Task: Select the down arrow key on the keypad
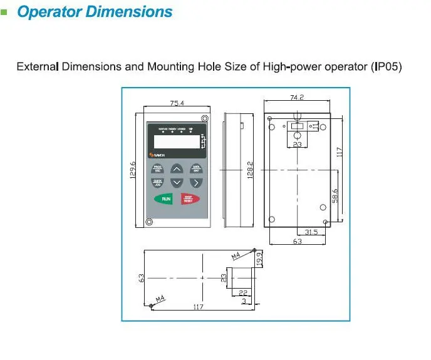[177, 182]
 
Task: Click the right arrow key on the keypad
[196, 182]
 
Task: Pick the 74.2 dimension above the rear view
[297, 97]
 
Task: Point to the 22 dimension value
[243, 292]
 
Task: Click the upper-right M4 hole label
[237, 255]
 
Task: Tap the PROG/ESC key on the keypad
[157, 168]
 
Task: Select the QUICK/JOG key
[157, 182]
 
